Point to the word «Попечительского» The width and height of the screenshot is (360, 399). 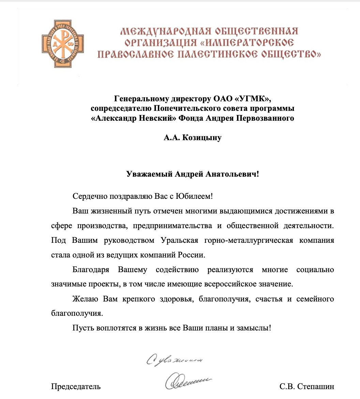point(183,109)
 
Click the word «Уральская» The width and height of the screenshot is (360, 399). point(179,240)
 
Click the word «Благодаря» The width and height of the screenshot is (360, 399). point(91,270)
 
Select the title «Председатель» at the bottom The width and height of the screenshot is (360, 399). point(76,386)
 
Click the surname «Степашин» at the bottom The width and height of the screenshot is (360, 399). point(316,386)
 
